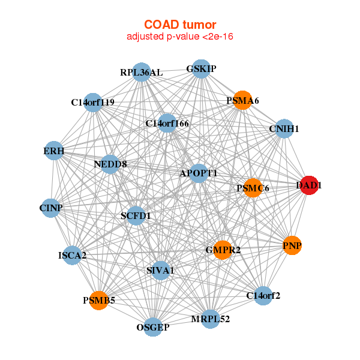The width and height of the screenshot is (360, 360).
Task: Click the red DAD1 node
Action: pyautogui.click(x=309, y=185)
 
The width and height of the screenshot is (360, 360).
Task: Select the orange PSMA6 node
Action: pyautogui.click(x=242, y=100)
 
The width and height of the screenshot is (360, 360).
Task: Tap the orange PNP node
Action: pyautogui.click(x=292, y=245)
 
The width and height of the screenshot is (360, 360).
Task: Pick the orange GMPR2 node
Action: pyautogui.click(x=223, y=250)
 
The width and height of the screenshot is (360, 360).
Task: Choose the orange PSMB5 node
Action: pyautogui.click(x=99, y=301)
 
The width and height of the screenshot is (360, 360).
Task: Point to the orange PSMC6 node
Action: pyautogui.click(x=253, y=188)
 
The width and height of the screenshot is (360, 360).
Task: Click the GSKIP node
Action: pyautogui.click(x=201, y=69)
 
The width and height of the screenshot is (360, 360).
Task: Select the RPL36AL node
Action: pyautogui.click(x=142, y=72)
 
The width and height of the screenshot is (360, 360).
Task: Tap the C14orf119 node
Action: pyautogui.click(x=93, y=103)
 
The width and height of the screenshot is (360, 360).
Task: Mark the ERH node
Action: pyautogui.click(x=54, y=151)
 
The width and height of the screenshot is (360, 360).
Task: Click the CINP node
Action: pyautogui.click(x=51, y=208)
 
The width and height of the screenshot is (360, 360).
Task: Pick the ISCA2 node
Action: pyautogui.click(x=73, y=256)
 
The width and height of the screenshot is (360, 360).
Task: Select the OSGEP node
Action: pyautogui.click(x=153, y=327)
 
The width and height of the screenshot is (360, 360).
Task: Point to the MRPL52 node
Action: pyautogui.click(x=211, y=319)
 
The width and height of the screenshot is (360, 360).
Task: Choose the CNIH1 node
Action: pyautogui.click(x=284, y=128)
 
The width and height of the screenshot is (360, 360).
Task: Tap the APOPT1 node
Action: pyautogui.click(x=199, y=173)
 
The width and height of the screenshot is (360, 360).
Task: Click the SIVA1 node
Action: pyautogui.click(x=160, y=271)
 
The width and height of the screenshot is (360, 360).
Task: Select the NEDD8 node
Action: pyautogui.click(x=110, y=164)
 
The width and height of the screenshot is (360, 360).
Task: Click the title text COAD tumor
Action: pyautogui.click(x=180, y=25)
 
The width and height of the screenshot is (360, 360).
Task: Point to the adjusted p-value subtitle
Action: pyautogui.click(x=180, y=37)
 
